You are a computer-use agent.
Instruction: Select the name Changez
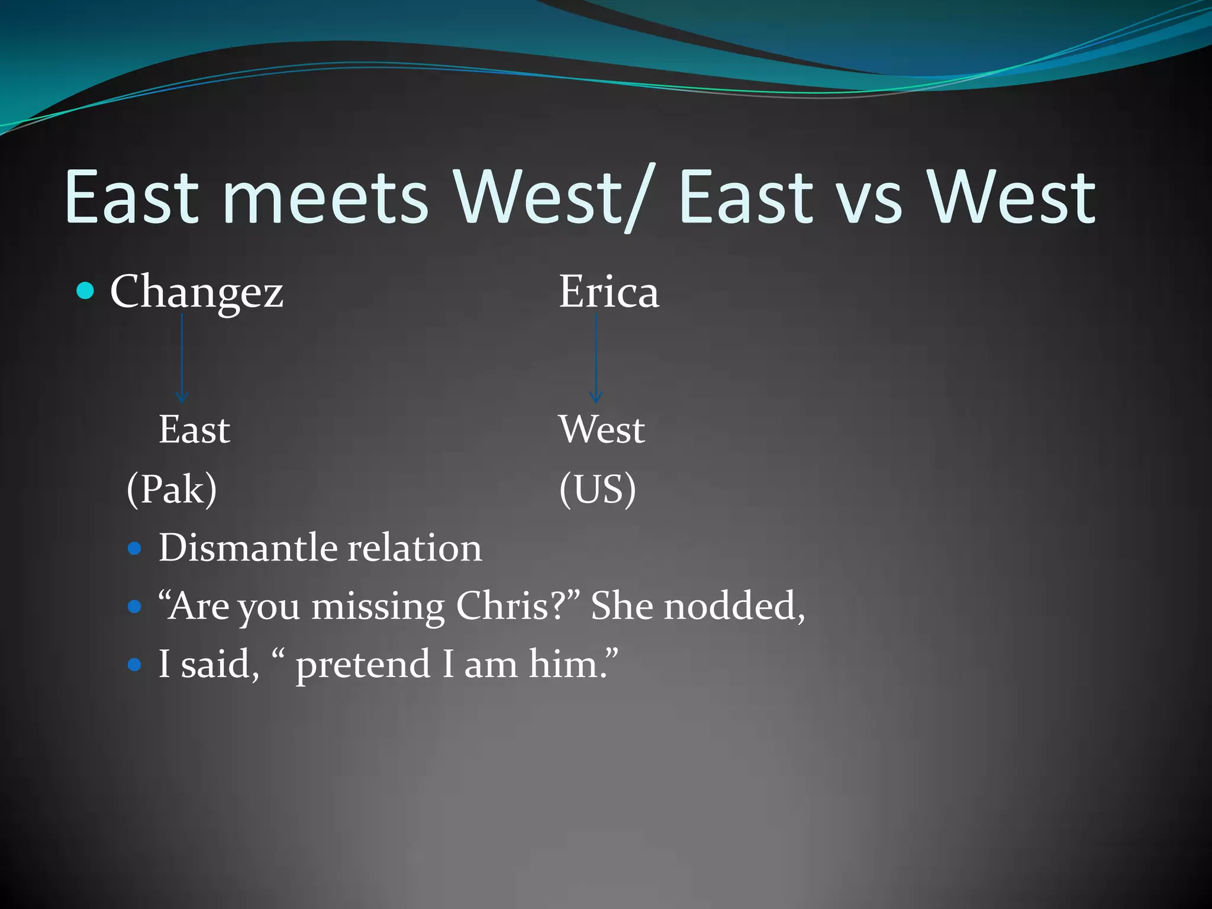[x=196, y=292]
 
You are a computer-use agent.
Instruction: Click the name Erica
[x=608, y=292]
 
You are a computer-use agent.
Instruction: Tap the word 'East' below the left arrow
[x=194, y=430]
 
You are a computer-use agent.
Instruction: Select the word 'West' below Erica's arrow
[x=601, y=430]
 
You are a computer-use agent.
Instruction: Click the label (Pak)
[x=172, y=489]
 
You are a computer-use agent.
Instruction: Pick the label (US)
[x=597, y=489]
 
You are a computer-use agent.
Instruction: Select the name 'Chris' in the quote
[x=502, y=606]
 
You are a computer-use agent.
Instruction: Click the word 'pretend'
[x=363, y=665]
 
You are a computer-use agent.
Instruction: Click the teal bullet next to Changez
[x=86, y=291]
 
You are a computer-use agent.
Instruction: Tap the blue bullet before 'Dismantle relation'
[x=135, y=549]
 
